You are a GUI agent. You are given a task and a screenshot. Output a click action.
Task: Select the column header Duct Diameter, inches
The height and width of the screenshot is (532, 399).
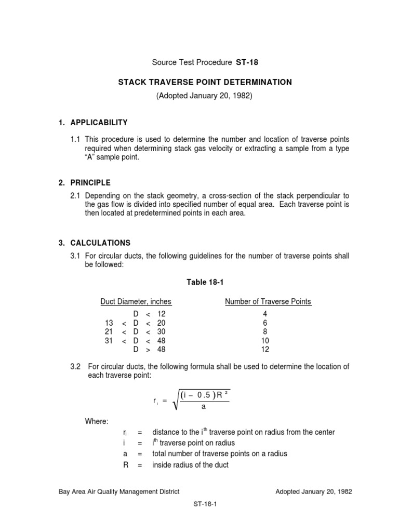pos(136,302)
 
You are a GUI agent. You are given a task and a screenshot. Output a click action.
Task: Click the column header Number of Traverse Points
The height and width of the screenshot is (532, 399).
pos(268,302)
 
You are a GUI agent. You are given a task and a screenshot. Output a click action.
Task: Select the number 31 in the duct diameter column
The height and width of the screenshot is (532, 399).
pos(109,341)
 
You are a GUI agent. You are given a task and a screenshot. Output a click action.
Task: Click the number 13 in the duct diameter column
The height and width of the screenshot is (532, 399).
pos(109,323)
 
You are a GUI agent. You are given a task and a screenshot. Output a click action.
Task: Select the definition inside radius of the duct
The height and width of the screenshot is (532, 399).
pos(190,465)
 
